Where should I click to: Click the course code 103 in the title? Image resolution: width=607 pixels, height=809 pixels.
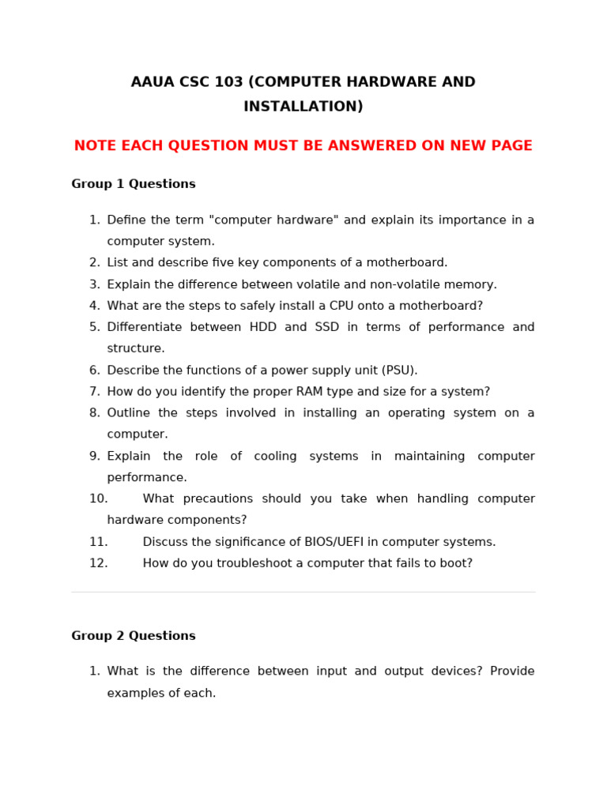click(229, 82)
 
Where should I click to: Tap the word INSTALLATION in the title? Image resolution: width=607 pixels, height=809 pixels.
click(300, 107)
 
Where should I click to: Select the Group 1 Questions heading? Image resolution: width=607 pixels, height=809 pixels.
click(134, 184)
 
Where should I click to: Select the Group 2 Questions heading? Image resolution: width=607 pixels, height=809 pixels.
click(134, 636)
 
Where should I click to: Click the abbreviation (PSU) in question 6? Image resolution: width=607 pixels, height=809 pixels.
click(400, 371)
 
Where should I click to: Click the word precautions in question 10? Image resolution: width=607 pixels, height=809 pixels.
click(217, 499)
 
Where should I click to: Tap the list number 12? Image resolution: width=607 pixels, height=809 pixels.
click(98, 563)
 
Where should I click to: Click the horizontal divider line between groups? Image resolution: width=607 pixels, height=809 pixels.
click(303, 593)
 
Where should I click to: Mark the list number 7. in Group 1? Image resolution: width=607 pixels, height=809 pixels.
click(95, 392)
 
